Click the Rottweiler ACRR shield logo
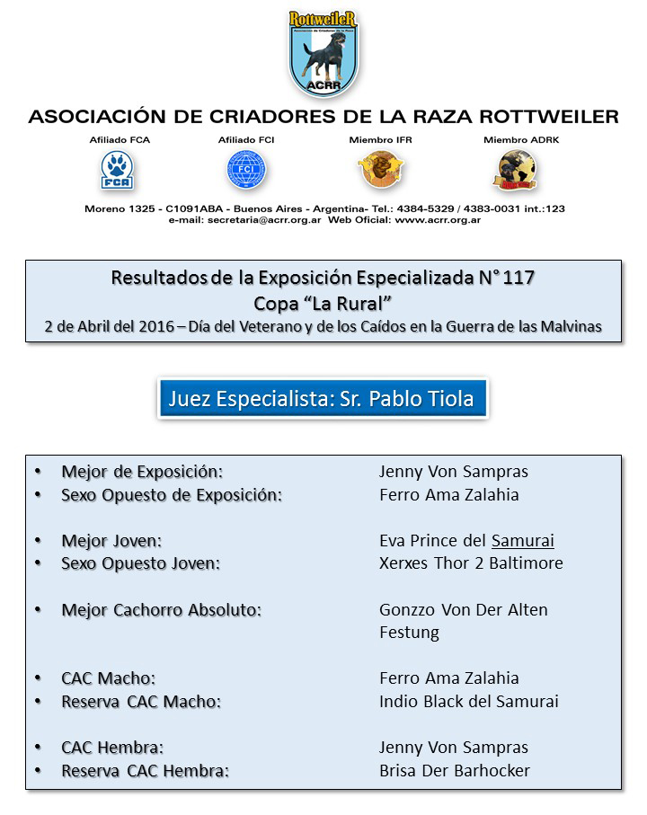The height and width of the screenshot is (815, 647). (x=323, y=53)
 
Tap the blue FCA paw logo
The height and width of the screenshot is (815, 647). (x=114, y=169)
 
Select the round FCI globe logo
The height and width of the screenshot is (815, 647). (x=245, y=169)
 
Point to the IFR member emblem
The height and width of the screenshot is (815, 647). (x=380, y=169)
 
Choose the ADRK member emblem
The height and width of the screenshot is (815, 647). (x=516, y=168)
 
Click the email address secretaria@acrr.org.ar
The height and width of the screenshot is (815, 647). (x=267, y=220)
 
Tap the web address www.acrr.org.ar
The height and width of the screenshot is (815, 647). (x=438, y=220)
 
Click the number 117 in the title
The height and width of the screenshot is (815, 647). (x=518, y=278)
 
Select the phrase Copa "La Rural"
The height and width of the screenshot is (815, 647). (x=323, y=302)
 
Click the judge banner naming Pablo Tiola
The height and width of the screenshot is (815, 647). (x=322, y=398)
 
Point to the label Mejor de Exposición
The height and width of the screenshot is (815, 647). (x=142, y=472)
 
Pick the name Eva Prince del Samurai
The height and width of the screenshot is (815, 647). (x=466, y=541)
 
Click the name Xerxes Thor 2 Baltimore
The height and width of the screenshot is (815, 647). (x=471, y=563)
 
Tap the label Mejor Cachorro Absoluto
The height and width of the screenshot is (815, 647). (x=162, y=610)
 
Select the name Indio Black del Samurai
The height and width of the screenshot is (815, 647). (x=468, y=702)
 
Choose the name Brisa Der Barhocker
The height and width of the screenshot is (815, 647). (x=455, y=771)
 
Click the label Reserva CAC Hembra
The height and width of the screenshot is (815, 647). (x=146, y=771)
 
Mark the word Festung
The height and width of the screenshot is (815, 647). (x=409, y=633)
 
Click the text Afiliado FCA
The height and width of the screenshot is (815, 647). (x=114, y=140)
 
